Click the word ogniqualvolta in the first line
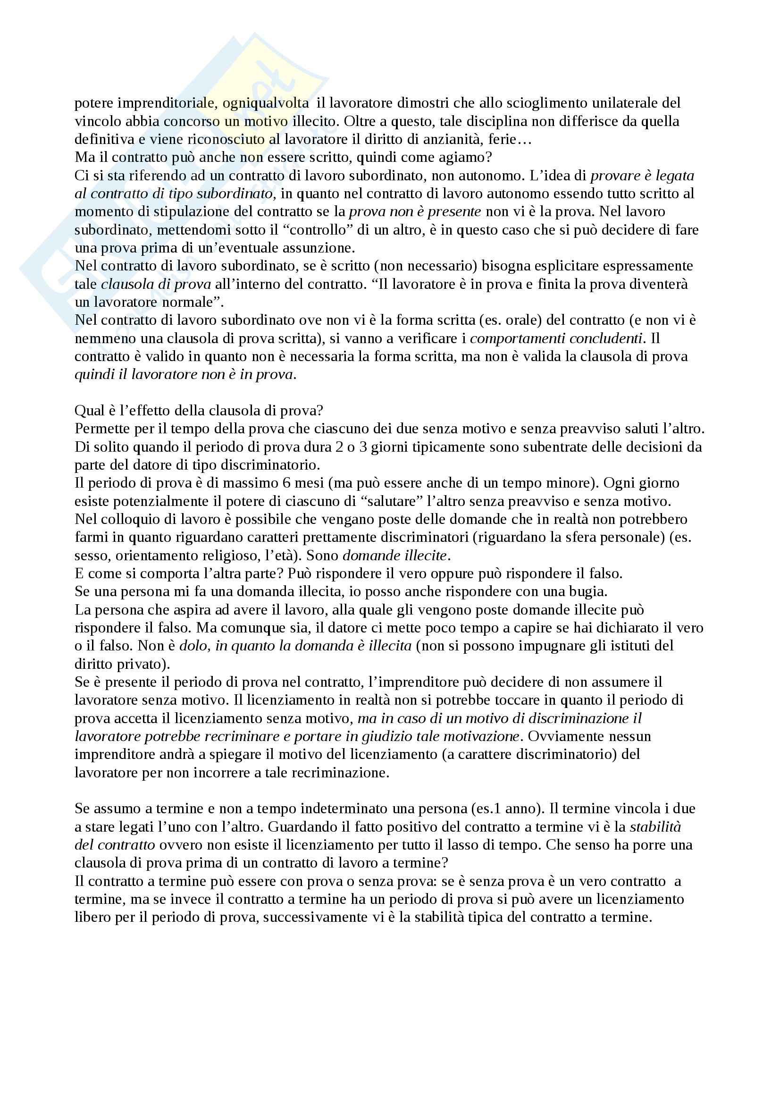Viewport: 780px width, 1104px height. click(x=266, y=103)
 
